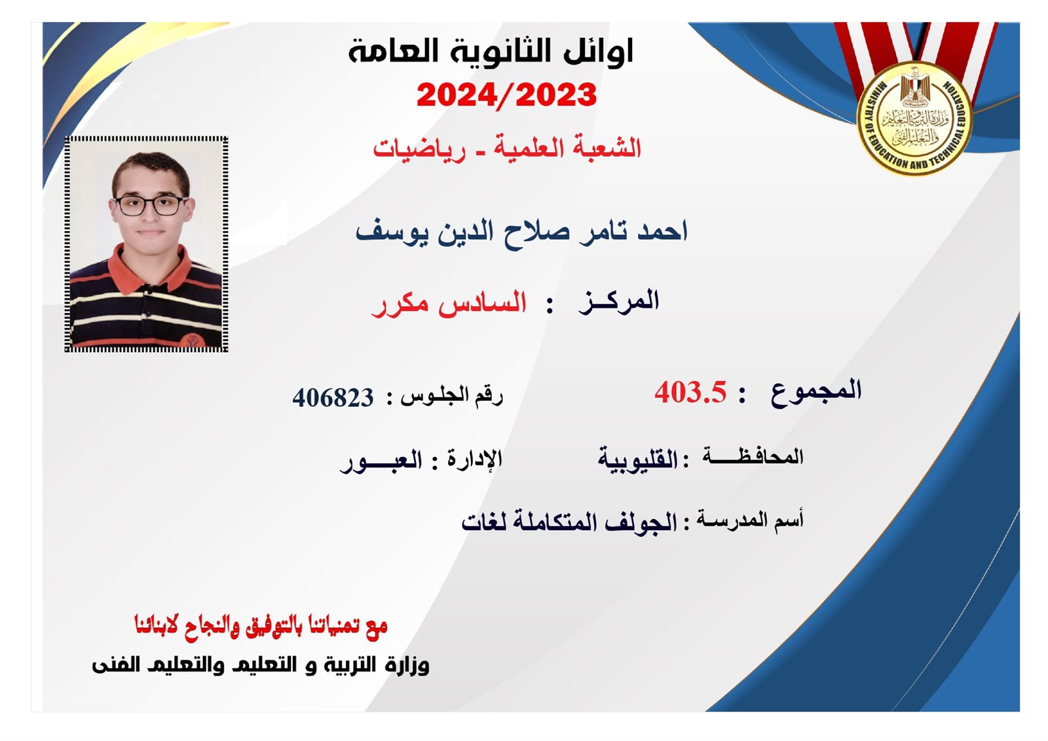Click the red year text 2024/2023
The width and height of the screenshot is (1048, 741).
click(x=507, y=96)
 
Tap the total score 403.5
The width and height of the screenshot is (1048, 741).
click(x=690, y=391)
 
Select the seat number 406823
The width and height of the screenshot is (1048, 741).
click(x=333, y=398)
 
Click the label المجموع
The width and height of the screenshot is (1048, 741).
click(x=816, y=391)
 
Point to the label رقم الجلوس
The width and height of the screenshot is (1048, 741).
click(x=452, y=397)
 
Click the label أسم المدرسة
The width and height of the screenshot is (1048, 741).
click(x=750, y=520)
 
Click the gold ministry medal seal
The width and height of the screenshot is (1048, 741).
click(x=914, y=118)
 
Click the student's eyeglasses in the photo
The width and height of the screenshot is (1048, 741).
click(x=150, y=206)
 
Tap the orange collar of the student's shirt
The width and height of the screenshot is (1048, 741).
click(x=150, y=270)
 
